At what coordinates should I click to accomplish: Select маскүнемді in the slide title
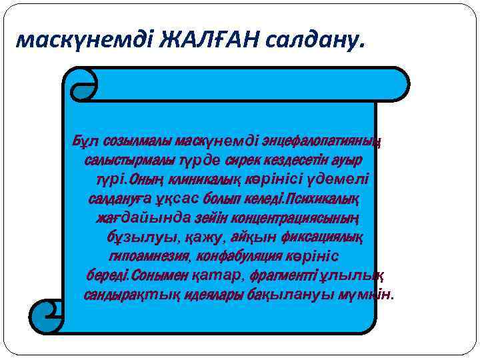87,41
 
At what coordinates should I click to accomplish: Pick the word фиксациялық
327,237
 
